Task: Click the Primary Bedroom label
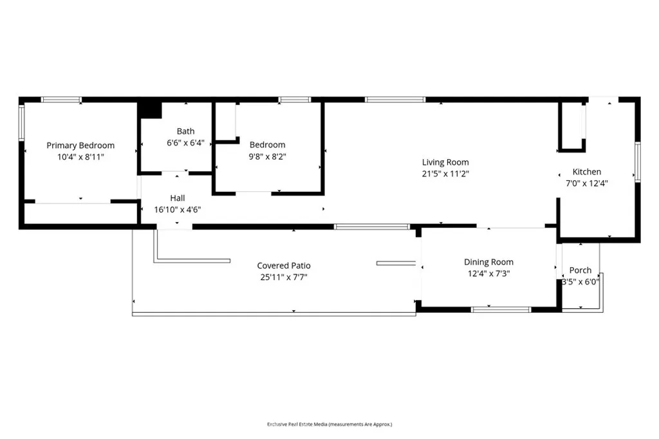[80, 145]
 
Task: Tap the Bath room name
[185, 131]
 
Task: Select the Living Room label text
[445, 162]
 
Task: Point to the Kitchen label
[587, 172]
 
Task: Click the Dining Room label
[488, 262]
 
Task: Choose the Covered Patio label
[284, 266]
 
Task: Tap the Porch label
[580, 270]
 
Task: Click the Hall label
[178, 198]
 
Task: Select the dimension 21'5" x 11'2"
[445, 173]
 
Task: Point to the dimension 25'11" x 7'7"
[284, 277]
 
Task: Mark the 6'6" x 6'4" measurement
[185, 143]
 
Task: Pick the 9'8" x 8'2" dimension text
[267, 156]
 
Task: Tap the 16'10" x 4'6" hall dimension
[178, 210]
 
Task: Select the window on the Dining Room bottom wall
[501, 310]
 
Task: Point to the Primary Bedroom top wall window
[61, 100]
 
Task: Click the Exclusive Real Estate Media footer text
[329, 424]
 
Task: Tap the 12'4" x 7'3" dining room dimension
[488, 274]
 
